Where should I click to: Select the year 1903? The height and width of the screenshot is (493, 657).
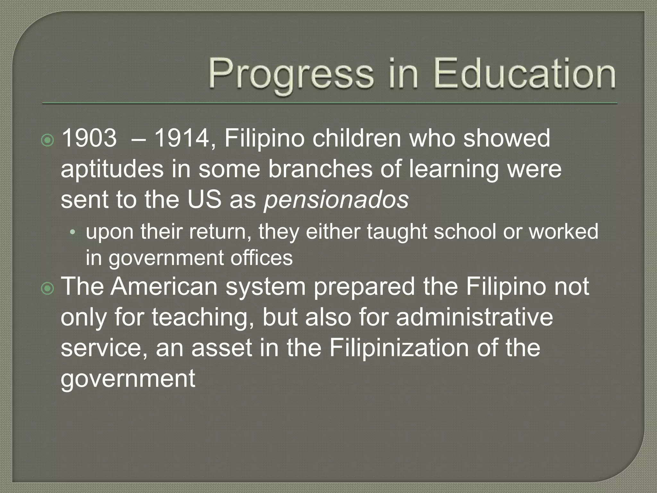click(x=89, y=138)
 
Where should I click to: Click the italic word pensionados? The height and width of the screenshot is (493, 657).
click(x=336, y=200)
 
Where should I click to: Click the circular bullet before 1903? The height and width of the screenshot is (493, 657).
click(x=48, y=140)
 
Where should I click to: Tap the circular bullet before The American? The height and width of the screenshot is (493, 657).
click(x=48, y=289)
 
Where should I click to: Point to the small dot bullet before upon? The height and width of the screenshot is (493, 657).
click(x=73, y=232)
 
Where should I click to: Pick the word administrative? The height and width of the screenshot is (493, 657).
click(x=474, y=317)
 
